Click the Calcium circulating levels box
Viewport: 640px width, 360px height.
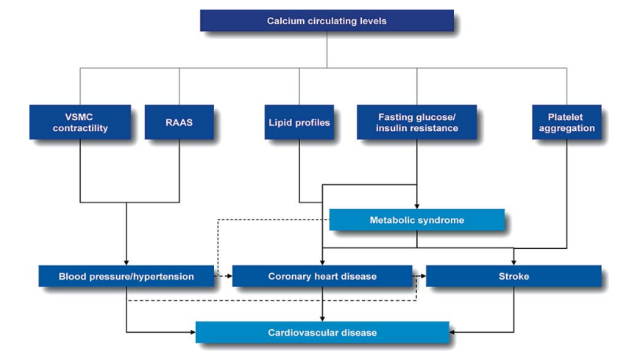(327, 21)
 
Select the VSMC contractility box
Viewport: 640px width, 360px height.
(80, 122)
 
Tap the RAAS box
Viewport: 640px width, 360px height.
(179, 122)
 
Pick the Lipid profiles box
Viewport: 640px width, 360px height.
(299, 122)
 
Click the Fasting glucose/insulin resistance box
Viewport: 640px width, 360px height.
(416, 122)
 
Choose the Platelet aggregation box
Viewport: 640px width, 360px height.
(566, 122)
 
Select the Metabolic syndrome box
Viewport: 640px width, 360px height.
(416, 220)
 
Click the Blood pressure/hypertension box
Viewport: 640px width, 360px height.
(126, 276)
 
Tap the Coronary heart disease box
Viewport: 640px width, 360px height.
(322, 276)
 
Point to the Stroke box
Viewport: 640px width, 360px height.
(513, 276)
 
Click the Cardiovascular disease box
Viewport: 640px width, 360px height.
(322, 332)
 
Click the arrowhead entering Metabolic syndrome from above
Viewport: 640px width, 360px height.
(416, 206)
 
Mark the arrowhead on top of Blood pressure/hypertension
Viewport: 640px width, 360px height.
(126, 263)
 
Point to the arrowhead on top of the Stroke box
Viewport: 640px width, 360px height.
(513, 263)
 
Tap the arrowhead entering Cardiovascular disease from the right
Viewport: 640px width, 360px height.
(452, 332)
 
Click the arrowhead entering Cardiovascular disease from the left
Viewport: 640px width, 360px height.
(193, 332)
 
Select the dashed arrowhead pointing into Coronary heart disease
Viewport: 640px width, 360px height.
(230, 276)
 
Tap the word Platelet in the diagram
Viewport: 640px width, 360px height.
(565, 117)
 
